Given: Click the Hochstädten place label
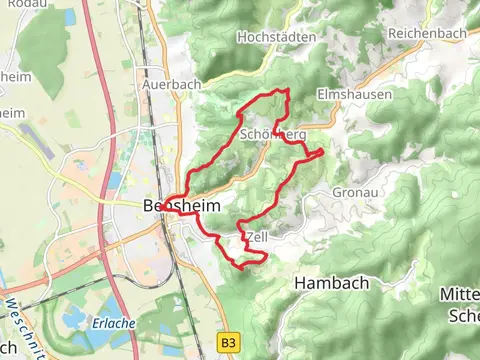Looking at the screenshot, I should pos(277,37).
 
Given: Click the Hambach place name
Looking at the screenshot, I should pos(331,283).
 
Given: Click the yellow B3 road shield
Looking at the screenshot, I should pos(230,342).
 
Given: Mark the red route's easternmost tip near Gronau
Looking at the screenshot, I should pos(321,152).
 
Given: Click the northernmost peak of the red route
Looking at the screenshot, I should pos(288,91).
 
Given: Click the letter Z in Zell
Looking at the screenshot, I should pos(248,237).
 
